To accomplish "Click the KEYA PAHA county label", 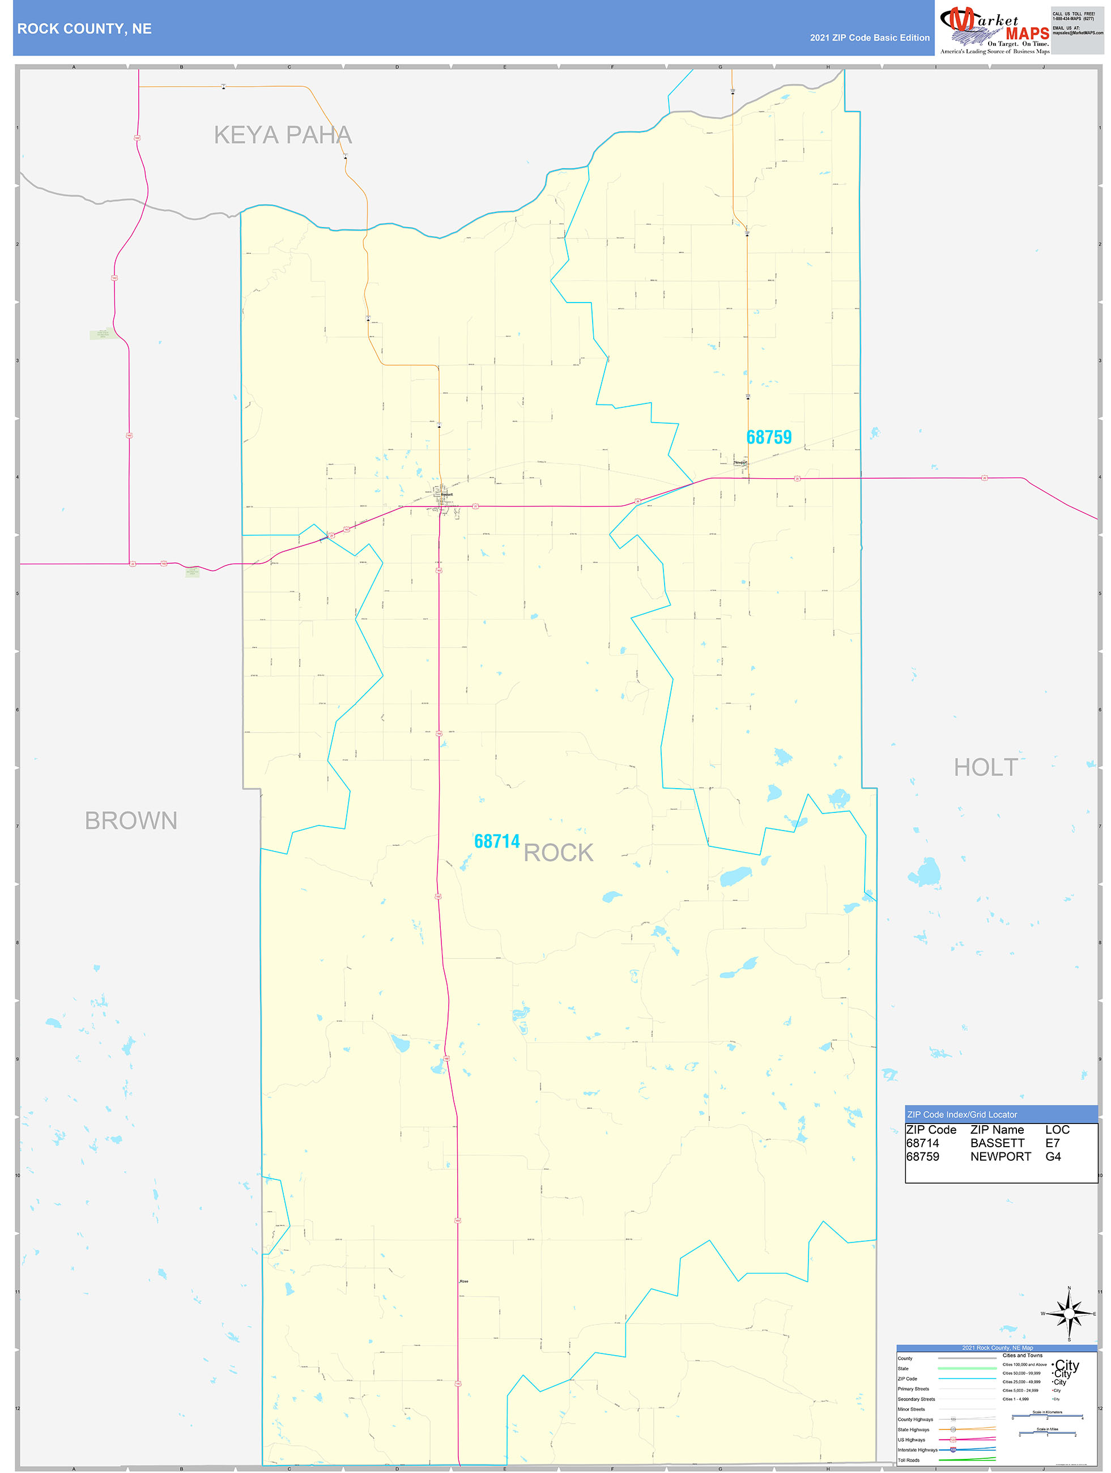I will (x=282, y=135).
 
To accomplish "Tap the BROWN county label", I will (x=131, y=820).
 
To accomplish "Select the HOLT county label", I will (x=985, y=767).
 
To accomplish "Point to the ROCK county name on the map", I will (x=558, y=853).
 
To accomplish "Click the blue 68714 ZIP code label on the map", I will (x=496, y=841).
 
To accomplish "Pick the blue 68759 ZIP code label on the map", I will (x=769, y=437).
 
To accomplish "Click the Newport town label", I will (x=740, y=462).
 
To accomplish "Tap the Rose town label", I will (x=463, y=1281).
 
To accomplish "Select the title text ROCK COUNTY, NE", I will (x=84, y=29).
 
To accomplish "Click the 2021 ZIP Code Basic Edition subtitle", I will (x=869, y=38).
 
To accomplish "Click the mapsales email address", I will (x=1077, y=33).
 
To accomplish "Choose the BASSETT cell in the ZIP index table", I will (x=997, y=1143).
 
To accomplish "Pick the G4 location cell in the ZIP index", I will (x=1053, y=1156).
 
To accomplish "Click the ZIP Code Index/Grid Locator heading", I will (x=962, y=1114).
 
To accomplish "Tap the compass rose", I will (x=1069, y=1314).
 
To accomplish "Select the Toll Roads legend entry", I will (x=909, y=1459).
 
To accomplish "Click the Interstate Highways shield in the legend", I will (x=953, y=1450).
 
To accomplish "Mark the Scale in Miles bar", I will (x=1047, y=1432).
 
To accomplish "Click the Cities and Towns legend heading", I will (x=1023, y=1355).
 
